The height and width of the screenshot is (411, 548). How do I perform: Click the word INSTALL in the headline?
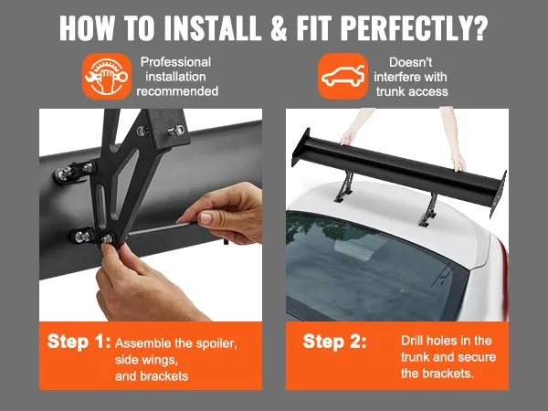(212, 27)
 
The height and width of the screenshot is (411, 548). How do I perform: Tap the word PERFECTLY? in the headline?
(414, 27)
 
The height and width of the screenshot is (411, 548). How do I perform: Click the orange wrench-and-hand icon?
(107, 76)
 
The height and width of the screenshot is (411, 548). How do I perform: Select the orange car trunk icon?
(342, 76)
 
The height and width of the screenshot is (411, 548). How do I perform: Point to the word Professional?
(175, 62)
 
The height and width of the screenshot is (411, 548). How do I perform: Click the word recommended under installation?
(177, 91)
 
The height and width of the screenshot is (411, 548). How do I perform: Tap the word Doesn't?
(411, 62)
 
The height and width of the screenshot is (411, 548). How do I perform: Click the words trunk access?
(412, 91)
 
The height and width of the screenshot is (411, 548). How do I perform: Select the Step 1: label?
(79, 341)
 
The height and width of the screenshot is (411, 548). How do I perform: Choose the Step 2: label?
(335, 341)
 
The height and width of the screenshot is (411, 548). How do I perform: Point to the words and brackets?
(152, 376)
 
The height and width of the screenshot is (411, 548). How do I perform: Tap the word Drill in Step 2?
(413, 341)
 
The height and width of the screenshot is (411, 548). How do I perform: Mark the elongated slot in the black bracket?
(100, 204)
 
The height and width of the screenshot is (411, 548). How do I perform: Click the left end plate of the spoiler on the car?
(300, 147)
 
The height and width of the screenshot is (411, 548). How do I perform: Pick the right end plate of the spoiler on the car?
(499, 195)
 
